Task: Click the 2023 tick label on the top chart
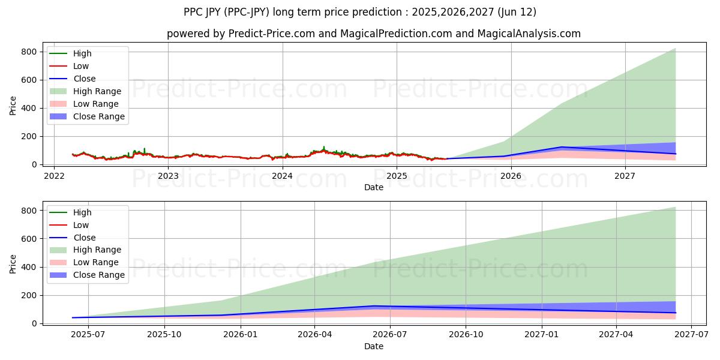(x=168, y=176)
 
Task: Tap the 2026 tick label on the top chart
(x=511, y=176)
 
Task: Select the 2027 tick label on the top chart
(x=625, y=176)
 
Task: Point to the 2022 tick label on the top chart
(x=54, y=176)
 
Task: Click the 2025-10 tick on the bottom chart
(x=164, y=335)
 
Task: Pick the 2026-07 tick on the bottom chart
(x=390, y=335)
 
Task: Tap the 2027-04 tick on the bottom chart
(x=616, y=335)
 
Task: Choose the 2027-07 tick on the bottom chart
(x=691, y=335)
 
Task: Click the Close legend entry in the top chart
(x=85, y=79)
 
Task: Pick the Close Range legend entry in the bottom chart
(x=99, y=275)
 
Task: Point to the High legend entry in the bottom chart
(x=82, y=212)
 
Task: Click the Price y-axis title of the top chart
(x=13, y=106)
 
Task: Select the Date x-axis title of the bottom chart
(x=374, y=346)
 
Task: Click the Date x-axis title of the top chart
(x=374, y=187)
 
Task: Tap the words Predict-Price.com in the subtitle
(x=272, y=34)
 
